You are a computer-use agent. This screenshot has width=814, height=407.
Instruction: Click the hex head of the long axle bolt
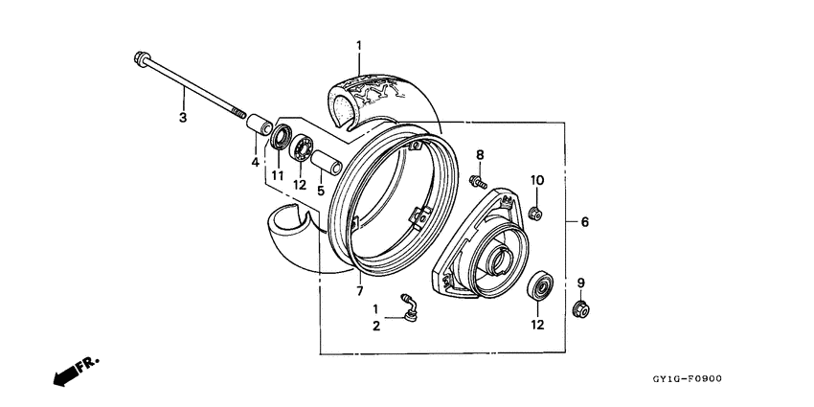(140, 58)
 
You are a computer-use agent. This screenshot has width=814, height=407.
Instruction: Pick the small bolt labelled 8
(478, 178)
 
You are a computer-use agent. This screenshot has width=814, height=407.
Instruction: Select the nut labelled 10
(536, 211)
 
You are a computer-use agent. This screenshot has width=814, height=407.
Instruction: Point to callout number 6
(584, 222)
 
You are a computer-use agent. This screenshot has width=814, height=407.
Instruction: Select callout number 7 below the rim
(360, 290)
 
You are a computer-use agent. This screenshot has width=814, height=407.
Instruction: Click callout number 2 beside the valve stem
(376, 326)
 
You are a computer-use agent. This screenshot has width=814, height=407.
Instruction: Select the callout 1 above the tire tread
(360, 45)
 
